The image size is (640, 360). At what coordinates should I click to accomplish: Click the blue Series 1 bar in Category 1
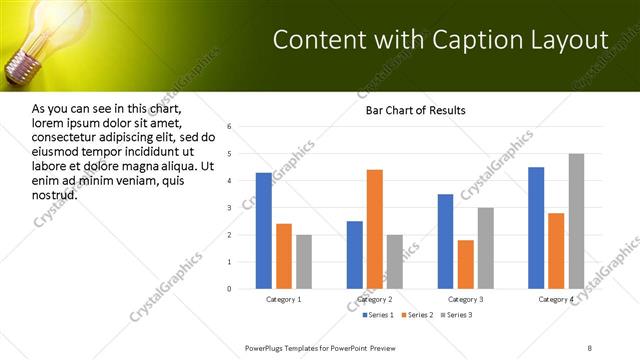coord(264,231)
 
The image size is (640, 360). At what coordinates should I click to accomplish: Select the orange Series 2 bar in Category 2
coord(375,229)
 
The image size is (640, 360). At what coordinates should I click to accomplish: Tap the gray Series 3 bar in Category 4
coord(576,221)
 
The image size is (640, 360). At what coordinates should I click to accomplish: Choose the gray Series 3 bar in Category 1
coord(304,262)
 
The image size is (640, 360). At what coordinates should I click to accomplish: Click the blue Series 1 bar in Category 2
coord(355,255)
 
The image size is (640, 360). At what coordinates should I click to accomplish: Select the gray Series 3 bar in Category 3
coord(485,248)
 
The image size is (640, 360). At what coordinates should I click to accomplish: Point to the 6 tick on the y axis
coord(229,127)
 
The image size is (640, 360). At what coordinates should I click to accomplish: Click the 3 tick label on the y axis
coord(229,208)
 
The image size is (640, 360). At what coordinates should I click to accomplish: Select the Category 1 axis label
coord(284,300)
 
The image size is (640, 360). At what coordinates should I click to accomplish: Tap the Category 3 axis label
coord(465,300)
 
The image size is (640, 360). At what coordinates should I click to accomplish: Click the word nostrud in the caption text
coord(55,195)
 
